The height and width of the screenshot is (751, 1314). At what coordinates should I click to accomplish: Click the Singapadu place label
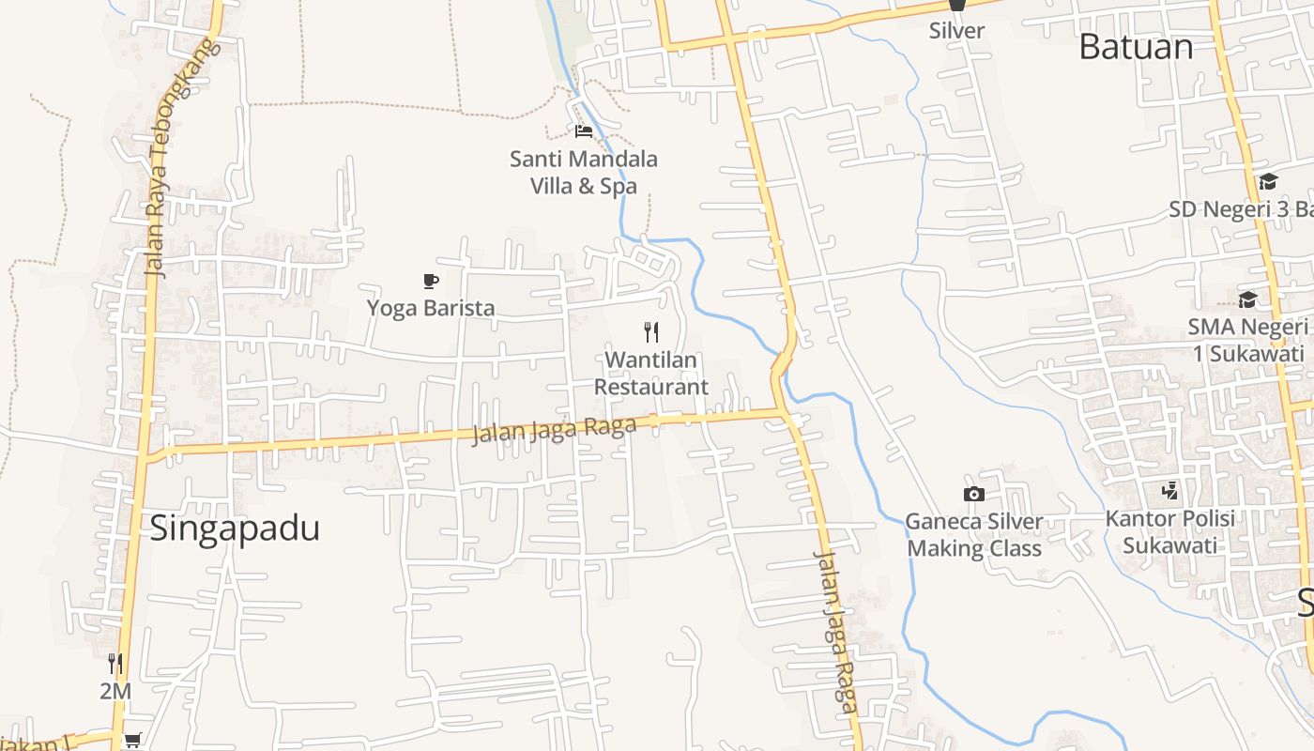235,529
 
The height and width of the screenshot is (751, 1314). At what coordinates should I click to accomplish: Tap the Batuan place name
1136,46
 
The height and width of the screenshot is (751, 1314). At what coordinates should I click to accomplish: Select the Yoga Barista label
430,308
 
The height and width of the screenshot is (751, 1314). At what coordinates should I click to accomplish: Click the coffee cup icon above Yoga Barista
430,281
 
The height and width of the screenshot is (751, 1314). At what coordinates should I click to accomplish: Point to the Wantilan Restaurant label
651,373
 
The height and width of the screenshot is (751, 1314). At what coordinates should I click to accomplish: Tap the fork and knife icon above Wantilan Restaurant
651,331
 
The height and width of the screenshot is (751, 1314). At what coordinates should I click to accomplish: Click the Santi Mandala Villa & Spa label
584,173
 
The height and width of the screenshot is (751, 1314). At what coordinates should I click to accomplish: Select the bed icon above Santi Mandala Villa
584,130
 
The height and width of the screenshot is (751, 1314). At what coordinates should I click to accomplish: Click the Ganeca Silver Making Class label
974,535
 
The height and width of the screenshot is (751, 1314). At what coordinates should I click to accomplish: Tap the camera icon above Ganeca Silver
974,494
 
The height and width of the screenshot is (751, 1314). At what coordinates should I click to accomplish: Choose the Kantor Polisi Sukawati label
1169,531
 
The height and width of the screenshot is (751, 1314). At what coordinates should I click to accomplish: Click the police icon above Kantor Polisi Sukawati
1169,490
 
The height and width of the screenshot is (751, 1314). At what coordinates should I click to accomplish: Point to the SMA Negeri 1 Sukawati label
1247,340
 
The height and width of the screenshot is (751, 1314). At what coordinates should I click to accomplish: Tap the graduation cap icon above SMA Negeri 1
1247,299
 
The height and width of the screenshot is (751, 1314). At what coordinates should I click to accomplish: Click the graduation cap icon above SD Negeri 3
1268,182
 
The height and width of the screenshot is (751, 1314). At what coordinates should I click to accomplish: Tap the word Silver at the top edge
956,30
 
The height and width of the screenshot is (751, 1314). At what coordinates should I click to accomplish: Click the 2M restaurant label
115,692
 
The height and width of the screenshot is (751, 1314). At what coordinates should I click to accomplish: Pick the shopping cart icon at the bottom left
132,741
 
